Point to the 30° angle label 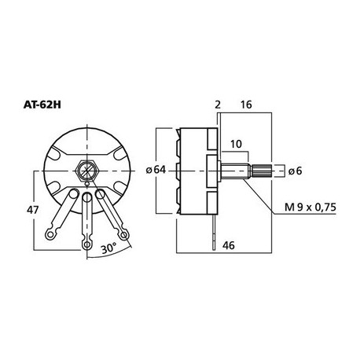coord(109,248)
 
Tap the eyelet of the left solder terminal coord(52,233)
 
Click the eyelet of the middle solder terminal coord(85,244)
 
